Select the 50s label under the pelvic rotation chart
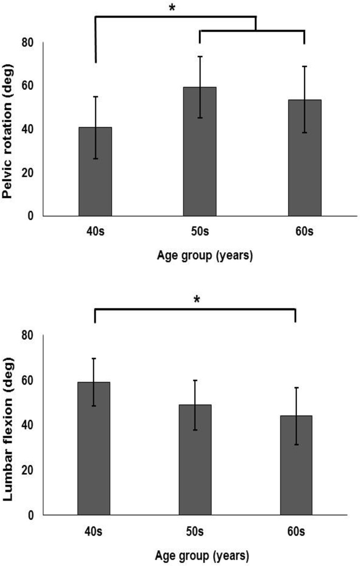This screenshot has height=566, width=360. (200, 232)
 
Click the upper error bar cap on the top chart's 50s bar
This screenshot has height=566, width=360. (200, 57)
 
